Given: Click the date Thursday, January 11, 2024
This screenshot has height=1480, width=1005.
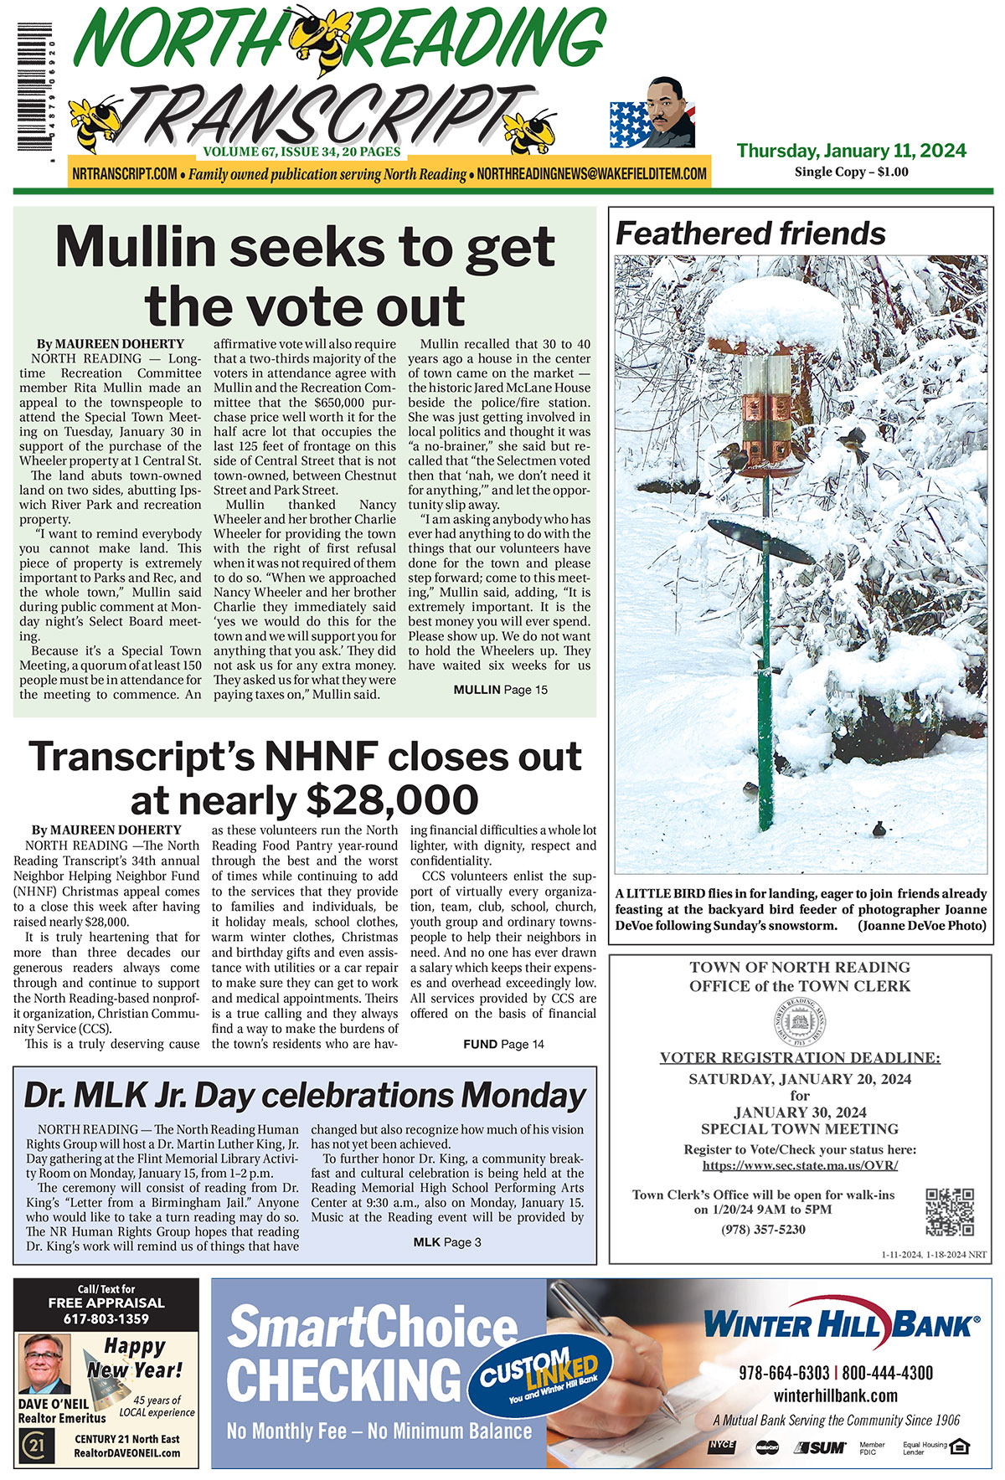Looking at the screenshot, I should tap(851, 152).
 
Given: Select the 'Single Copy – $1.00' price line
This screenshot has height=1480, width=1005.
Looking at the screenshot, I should tap(851, 172).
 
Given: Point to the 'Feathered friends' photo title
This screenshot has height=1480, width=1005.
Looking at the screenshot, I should tap(750, 234).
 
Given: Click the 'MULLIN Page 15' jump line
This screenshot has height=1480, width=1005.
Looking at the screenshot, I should tap(500, 690).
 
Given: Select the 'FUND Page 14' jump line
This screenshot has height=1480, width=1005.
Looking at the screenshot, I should tap(503, 1044).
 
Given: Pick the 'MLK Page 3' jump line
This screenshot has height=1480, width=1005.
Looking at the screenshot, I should tap(447, 1242).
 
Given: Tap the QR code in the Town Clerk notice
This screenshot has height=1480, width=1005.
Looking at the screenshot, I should tap(950, 1211).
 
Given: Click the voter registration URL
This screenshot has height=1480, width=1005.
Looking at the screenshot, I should tap(800, 1165).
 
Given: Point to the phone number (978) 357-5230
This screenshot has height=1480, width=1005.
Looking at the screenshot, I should tap(763, 1230).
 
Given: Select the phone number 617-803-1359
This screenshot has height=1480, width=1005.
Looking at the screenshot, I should tap(106, 1319).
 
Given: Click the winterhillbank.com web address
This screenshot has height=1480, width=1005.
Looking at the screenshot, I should tap(835, 1395).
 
